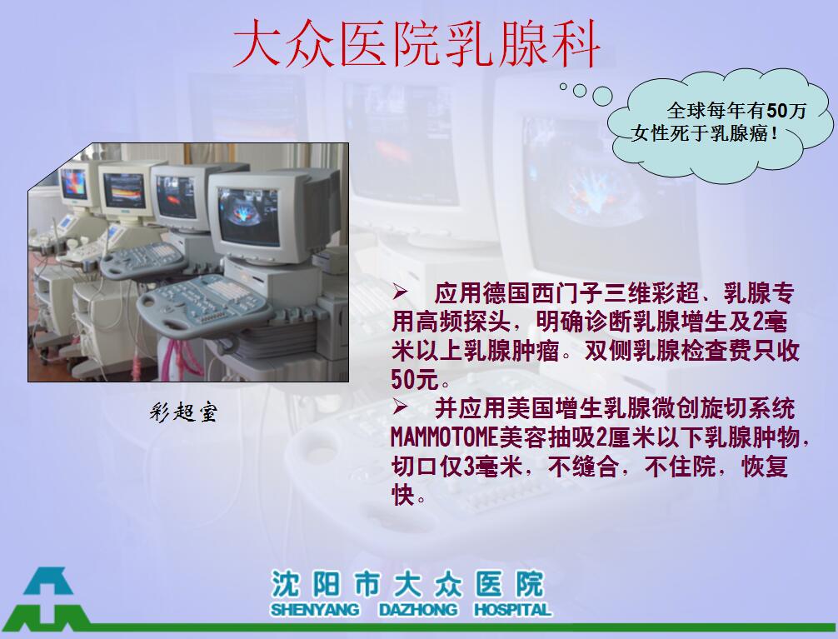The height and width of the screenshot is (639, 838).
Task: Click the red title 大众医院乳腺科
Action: pyautogui.click(x=417, y=44)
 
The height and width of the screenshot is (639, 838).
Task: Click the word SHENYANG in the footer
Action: pyautogui.click(x=315, y=610)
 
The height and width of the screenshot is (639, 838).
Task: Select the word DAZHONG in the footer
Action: pyautogui.click(x=418, y=610)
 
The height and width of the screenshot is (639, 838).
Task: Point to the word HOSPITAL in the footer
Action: pyautogui.click(x=512, y=610)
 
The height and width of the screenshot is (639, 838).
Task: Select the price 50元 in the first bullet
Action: pyautogui.click(x=415, y=380)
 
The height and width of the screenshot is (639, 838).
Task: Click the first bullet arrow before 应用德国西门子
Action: pyautogui.click(x=401, y=292)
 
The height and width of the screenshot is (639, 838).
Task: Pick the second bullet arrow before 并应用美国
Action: pyautogui.click(x=401, y=407)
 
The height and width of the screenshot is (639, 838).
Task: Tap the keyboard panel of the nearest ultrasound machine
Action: pyautogui.click(x=203, y=305)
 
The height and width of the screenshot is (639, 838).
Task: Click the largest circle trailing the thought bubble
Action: pyautogui.click(x=602, y=97)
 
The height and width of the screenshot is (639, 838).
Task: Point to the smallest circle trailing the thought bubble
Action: pyautogui.click(x=563, y=86)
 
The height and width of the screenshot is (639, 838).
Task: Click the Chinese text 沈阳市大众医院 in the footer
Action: pyautogui.click(x=407, y=584)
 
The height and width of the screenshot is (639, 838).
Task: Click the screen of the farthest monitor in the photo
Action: pyautogui.click(x=74, y=183)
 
